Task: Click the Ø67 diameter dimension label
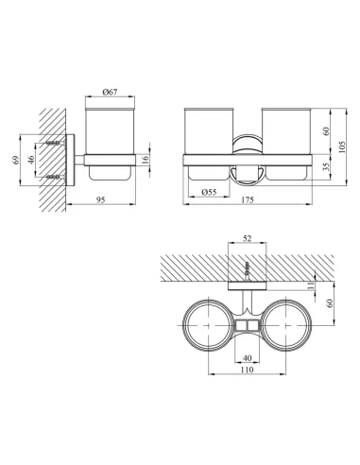tap(110, 93)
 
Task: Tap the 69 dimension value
tap(16, 160)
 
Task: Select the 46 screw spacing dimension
tap(31, 160)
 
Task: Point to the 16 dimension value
tap(145, 160)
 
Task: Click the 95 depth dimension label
tap(100, 199)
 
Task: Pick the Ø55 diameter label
tap(209, 192)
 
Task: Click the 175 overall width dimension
tap(248, 199)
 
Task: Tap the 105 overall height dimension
tap(342, 147)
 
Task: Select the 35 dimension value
tap(326, 166)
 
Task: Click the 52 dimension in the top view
tap(248, 238)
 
